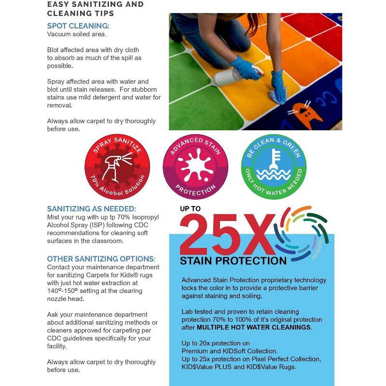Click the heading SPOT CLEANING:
(x=78, y=26)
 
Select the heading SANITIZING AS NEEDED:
(x=92, y=209)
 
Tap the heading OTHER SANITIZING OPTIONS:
(x=101, y=259)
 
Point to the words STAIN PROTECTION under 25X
(x=233, y=261)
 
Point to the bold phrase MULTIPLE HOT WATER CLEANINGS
(x=254, y=327)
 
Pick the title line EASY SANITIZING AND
(x=95, y=4)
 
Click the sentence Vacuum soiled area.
(x=77, y=35)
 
